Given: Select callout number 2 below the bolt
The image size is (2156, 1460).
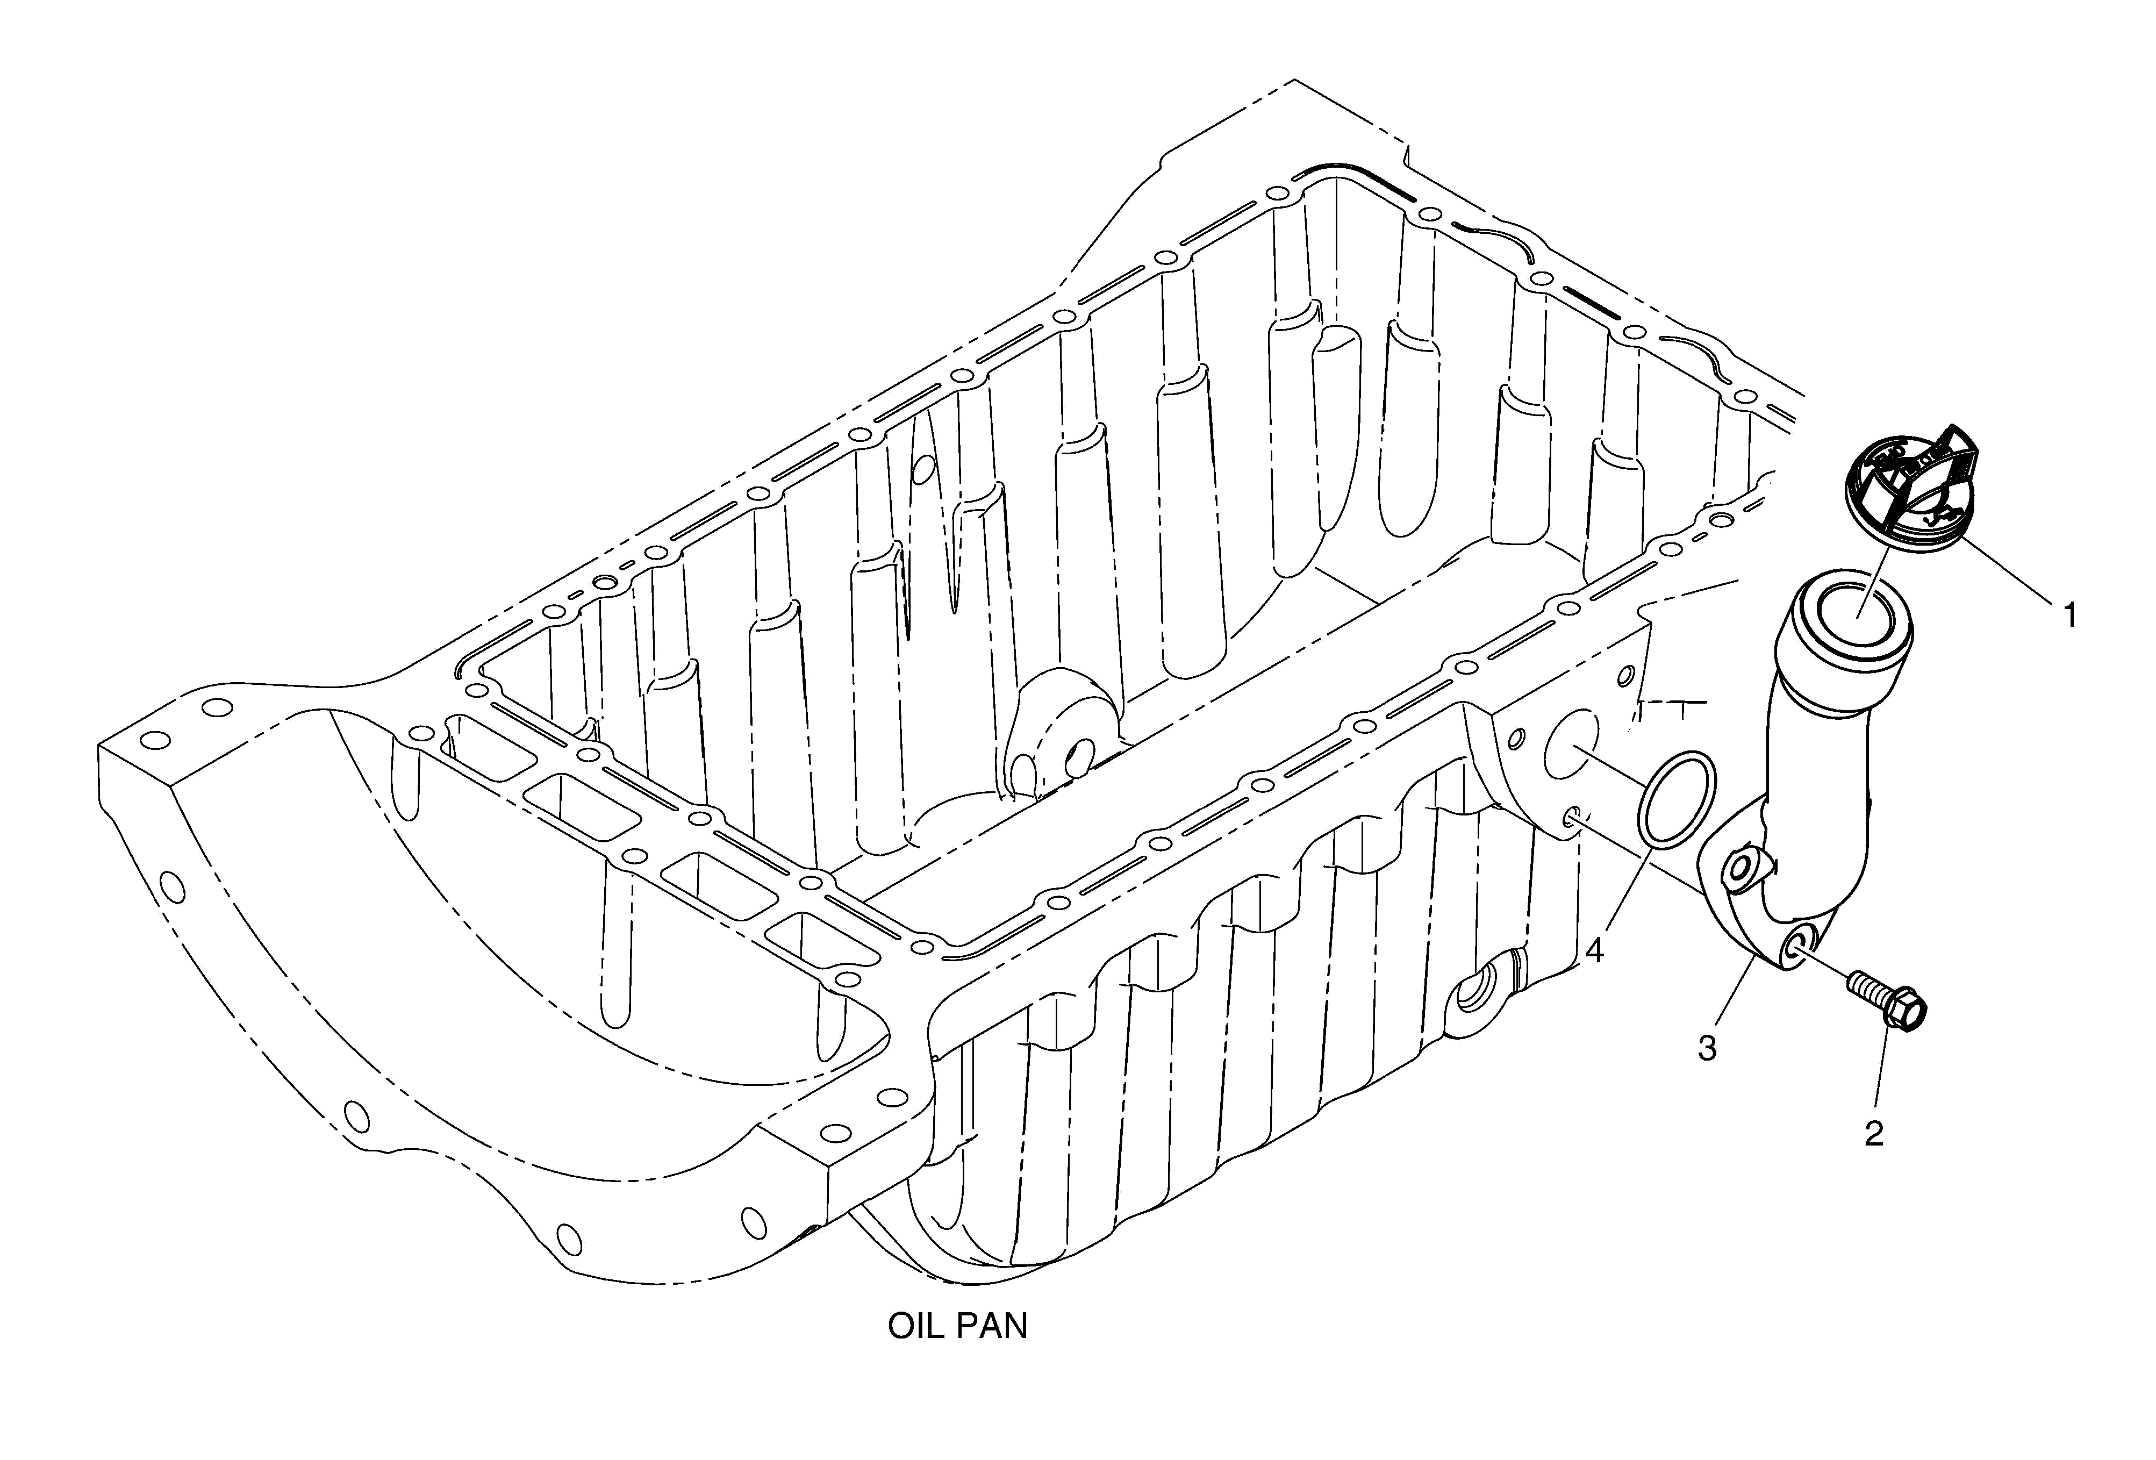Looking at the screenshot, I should [1873, 1133].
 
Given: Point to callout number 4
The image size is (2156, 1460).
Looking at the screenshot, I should [1594, 951].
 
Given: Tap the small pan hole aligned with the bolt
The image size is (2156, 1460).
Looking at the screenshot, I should [1572, 816].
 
